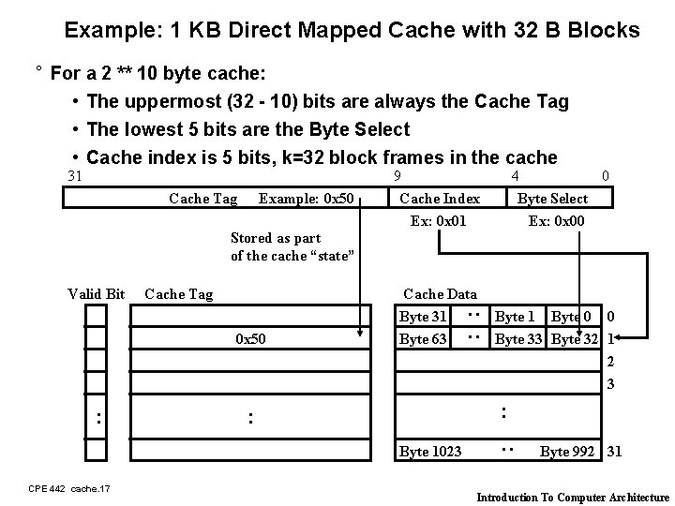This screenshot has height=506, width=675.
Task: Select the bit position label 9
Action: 397,175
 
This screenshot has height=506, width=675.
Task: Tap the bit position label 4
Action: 515,175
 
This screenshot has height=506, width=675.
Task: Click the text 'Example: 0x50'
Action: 306,198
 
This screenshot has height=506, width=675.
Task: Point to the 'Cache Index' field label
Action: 440,198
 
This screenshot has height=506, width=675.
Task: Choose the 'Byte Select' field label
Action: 553,198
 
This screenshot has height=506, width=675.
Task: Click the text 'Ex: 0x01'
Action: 439,221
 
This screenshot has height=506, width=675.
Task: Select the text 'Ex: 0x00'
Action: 557,221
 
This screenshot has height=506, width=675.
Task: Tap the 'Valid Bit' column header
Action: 97,294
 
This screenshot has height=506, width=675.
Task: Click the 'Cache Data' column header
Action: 440,294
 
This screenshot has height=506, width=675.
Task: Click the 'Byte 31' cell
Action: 424,317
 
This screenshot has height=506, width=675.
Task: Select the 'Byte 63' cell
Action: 424,338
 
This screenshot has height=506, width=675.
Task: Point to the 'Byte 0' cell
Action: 572,317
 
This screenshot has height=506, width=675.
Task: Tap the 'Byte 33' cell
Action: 520,338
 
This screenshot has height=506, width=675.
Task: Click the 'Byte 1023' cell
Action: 430,452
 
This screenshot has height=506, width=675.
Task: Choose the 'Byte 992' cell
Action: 567,452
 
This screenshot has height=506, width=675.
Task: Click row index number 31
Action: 614,452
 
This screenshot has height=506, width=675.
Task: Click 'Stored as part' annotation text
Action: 276,238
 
